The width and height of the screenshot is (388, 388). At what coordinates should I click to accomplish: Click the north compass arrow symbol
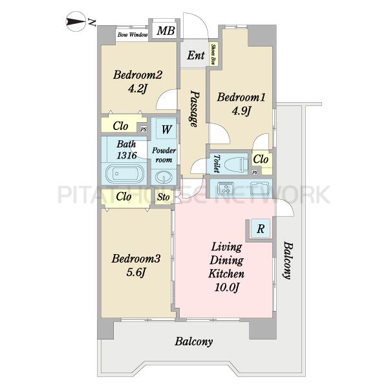[76, 21]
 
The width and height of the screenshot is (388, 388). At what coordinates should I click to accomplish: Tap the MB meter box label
[166, 31]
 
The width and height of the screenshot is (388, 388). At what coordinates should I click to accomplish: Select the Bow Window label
[133, 35]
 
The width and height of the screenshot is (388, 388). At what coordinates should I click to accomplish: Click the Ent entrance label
[196, 56]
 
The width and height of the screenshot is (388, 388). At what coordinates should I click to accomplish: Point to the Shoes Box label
[213, 54]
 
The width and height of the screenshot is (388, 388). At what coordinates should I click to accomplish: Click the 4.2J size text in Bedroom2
[138, 89]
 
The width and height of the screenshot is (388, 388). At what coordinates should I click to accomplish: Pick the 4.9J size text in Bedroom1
[241, 111]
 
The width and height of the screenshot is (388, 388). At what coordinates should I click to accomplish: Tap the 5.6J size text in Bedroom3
[135, 272]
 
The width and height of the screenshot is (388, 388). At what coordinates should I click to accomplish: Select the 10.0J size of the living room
[226, 288]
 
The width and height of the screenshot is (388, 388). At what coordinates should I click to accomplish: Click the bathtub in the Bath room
[125, 174]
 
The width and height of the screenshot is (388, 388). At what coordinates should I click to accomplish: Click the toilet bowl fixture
[235, 164]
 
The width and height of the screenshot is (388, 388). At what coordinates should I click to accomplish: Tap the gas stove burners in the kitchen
[225, 188]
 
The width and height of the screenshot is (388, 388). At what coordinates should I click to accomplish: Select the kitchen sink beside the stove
[259, 188]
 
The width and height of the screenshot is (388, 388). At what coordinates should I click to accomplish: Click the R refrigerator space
[261, 229]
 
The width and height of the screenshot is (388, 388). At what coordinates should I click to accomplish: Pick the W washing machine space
[166, 129]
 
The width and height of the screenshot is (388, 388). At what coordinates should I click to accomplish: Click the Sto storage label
[164, 197]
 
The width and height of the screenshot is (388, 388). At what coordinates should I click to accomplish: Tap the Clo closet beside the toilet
[261, 159]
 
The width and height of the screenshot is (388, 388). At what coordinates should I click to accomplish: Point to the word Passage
[195, 109]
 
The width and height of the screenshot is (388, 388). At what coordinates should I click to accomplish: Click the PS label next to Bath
[144, 129]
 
